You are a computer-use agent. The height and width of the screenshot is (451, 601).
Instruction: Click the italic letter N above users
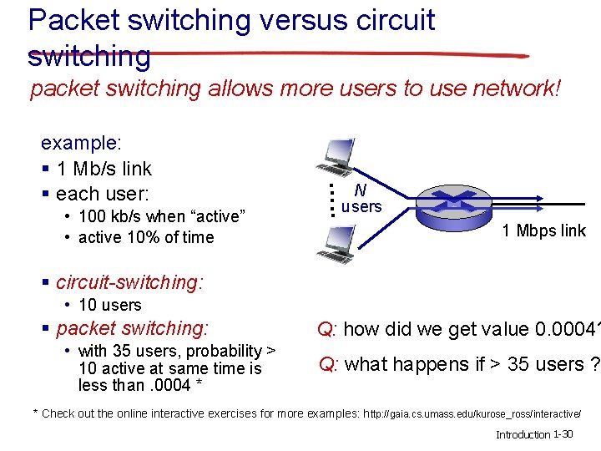coord(360,190)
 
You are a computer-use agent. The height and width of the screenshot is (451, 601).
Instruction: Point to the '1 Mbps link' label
coord(543,231)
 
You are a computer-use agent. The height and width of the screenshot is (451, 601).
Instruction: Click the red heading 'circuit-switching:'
coord(129,282)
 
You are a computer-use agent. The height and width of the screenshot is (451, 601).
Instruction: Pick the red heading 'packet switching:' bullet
coord(132,328)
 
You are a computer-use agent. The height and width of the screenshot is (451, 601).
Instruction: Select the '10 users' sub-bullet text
coord(109,305)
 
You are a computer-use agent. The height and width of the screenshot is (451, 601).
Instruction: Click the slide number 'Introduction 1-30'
coord(533,435)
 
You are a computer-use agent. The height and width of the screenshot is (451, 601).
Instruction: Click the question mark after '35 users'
coord(594,364)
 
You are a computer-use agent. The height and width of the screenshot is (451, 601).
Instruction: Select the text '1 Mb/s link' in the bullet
coord(104,169)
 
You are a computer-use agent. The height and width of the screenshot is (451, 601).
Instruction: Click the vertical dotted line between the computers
coord(331,199)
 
